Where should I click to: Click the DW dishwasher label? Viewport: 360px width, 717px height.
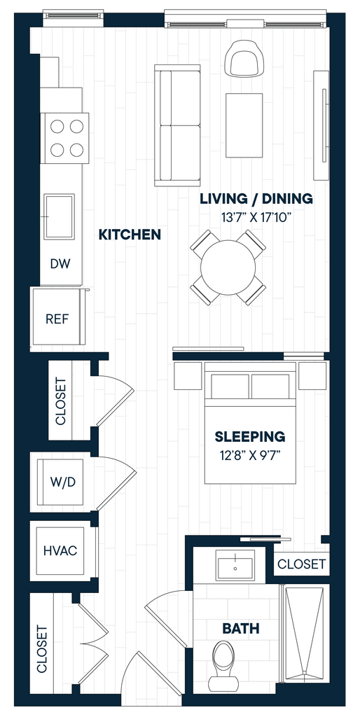click(x=60, y=264)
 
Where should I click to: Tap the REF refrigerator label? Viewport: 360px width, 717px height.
click(x=57, y=319)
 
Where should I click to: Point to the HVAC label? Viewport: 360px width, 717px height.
click(x=60, y=550)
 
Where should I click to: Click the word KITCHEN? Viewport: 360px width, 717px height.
click(x=130, y=235)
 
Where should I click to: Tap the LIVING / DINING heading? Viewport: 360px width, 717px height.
click(x=256, y=199)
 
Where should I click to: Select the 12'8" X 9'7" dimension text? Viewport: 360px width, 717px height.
click(x=250, y=455)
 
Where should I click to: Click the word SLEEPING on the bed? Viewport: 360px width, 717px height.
click(x=250, y=437)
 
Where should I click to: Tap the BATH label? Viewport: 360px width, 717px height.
click(x=241, y=628)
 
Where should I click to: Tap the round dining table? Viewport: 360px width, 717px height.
click(x=228, y=267)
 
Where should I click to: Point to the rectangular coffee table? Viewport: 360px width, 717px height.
click(x=244, y=125)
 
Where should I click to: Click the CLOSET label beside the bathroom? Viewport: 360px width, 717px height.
click(x=302, y=564)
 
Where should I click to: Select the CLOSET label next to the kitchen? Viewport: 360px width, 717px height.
click(x=61, y=401)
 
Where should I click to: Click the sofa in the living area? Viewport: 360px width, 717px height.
click(x=177, y=125)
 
